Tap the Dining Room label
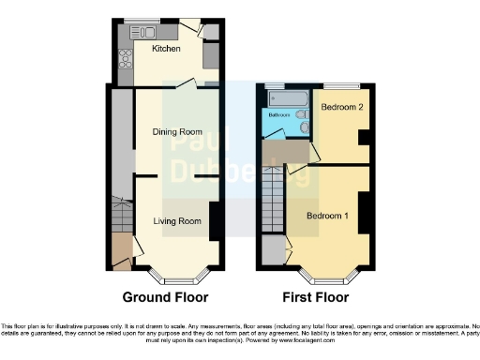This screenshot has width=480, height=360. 177,132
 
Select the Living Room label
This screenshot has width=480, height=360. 178,222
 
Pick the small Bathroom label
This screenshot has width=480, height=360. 279,115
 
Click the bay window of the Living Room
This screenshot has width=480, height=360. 175,277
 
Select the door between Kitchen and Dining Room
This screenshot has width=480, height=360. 187,83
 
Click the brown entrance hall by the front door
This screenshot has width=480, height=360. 121,251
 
